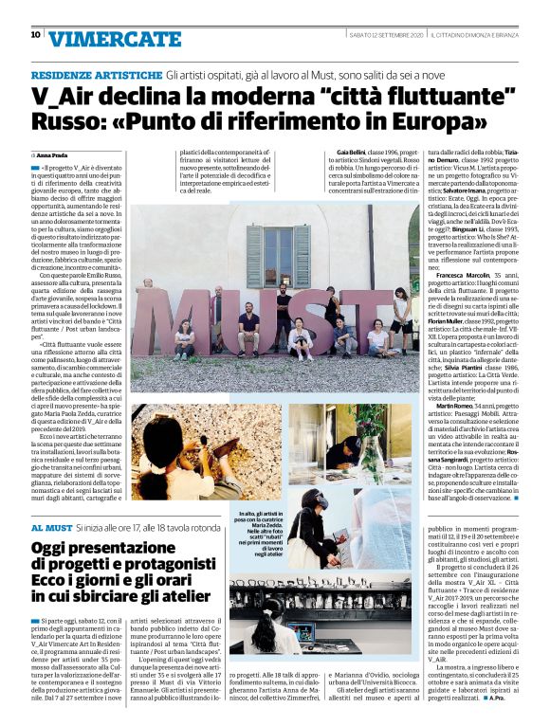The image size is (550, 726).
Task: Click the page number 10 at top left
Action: pyautogui.click(x=36, y=35)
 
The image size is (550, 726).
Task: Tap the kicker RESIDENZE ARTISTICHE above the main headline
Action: pyautogui.click(x=96, y=74)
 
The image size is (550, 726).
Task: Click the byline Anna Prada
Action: pyautogui.click(x=51, y=154)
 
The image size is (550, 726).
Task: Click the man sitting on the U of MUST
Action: pyautogui.click(x=249, y=327)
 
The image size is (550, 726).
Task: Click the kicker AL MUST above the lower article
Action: pyautogui.click(x=49, y=526)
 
